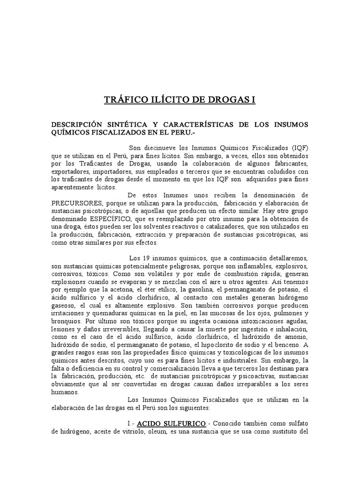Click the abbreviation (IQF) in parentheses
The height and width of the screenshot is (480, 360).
coord(299,147)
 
